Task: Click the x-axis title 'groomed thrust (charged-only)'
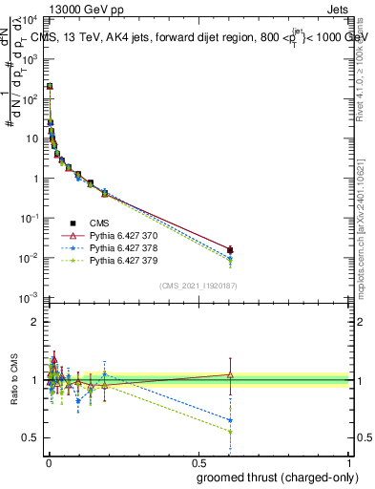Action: pos(280,478)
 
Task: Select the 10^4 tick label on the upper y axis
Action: pos(30,19)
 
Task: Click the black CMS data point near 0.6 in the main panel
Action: pos(230,250)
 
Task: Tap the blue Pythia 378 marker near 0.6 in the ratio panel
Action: pos(230,420)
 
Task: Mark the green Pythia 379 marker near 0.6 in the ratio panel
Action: pos(230,432)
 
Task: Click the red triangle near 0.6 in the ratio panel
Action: pos(230,374)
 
